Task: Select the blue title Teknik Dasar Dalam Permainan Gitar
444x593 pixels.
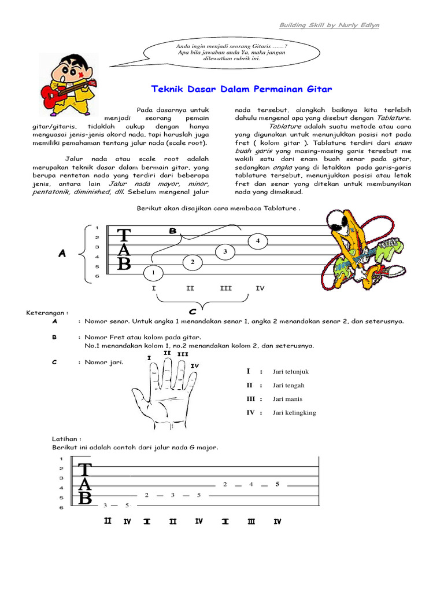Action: (242, 89)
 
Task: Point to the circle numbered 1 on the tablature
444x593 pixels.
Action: (153, 272)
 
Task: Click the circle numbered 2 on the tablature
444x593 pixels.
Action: (192, 262)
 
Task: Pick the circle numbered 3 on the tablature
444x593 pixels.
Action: (225, 252)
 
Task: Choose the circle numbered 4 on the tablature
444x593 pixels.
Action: (258, 240)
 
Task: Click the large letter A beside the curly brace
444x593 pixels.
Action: (62, 253)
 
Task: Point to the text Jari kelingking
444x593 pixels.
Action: (294, 413)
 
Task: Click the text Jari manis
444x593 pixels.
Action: (287, 399)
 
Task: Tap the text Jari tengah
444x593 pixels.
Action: (288, 385)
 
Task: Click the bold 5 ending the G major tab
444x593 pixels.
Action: (277, 484)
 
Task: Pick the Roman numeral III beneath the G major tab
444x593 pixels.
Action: (251, 522)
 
